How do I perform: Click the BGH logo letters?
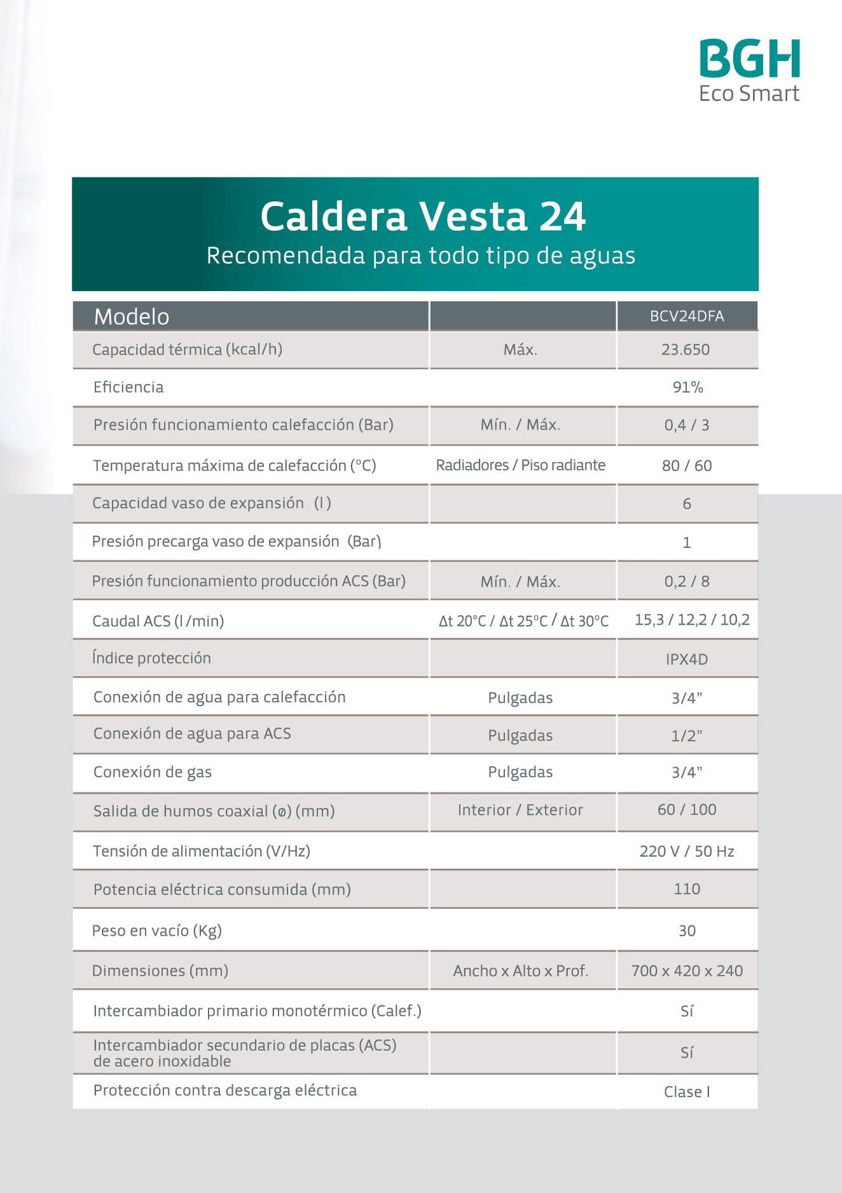click(x=749, y=58)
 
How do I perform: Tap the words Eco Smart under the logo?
click(x=749, y=93)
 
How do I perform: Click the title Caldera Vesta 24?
click(x=422, y=216)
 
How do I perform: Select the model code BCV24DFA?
click(x=687, y=316)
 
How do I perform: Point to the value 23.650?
click(x=686, y=350)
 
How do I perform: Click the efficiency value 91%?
click(x=687, y=387)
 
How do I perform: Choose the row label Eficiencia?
click(x=128, y=387)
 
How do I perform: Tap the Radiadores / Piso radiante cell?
click(x=520, y=465)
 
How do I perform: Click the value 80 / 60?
click(x=687, y=466)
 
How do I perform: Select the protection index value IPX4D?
click(x=687, y=659)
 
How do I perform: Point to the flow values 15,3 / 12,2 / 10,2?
click(x=692, y=620)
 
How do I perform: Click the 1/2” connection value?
click(x=687, y=735)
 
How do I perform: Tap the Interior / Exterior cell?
click(x=520, y=810)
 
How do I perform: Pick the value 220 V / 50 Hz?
click(x=687, y=851)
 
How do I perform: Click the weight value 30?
click(x=687, y=931)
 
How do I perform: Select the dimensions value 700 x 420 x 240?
click(x=687, y=971)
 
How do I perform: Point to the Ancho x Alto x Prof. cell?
click(x=520, y=971)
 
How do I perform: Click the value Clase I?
click(x=687, y=1091)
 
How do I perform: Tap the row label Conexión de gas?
click(x=153, y=772)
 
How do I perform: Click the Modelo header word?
click(x=132, y=317)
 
